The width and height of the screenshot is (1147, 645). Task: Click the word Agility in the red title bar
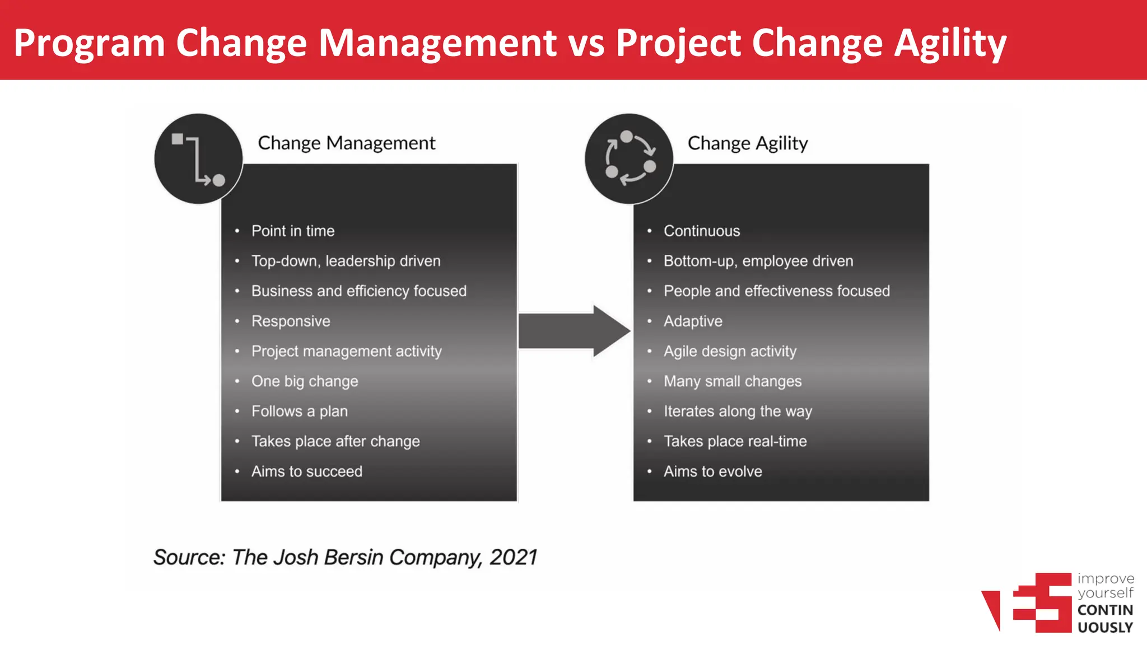(950, 44)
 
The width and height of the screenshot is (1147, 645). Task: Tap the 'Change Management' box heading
(346, 143)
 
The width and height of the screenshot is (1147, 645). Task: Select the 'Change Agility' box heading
(747, 143)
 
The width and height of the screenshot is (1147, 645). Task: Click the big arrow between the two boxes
(573, 331)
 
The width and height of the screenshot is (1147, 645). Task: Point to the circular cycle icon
(629, 158)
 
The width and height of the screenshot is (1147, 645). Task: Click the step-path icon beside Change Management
(198, 158)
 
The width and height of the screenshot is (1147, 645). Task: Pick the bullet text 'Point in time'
(292, 231)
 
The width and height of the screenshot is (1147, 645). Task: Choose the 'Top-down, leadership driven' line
(346, 261)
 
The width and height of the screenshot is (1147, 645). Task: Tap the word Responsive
(291, 321)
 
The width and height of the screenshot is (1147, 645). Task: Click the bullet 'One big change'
(305, 381)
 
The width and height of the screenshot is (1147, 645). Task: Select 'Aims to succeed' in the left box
(306, 471)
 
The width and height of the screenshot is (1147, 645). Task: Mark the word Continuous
(701, 231)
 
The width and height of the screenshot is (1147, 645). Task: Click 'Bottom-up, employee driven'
(758, 261)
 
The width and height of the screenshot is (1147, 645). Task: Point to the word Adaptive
(693, 321)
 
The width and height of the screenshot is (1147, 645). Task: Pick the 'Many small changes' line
(733, 381)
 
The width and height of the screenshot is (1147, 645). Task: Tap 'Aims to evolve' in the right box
(712, 471)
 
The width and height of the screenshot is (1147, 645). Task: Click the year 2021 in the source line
(513, 558)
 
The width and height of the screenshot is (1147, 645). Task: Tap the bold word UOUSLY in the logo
(1105, 628)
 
